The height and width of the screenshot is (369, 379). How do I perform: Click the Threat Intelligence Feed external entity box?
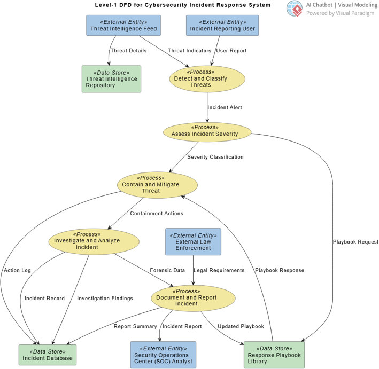pos(124,25)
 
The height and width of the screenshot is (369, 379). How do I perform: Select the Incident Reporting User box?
pos(222,25)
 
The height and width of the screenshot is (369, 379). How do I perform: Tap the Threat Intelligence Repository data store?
pos(111,79)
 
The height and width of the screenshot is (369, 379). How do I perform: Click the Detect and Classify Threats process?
pos(207,78)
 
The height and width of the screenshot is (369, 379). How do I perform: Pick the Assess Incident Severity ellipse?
pos(207,131)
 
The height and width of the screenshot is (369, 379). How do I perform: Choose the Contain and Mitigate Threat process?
pos(157,185)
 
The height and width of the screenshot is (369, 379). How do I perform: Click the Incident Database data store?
pos(48,355)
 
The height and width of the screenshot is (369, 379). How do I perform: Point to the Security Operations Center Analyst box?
pos(163,355)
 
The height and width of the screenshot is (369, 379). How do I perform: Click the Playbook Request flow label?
pos(355,242)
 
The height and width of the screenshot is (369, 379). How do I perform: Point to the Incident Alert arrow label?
pos(225,107)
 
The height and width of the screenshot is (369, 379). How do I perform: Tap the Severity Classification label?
pos(215,157)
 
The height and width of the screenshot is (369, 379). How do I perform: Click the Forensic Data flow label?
pos(167,270)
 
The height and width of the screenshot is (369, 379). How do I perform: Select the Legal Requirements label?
pos(219,270)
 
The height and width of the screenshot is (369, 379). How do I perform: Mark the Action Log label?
pos(17,270)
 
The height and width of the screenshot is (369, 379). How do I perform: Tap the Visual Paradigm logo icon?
pos(293,9)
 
